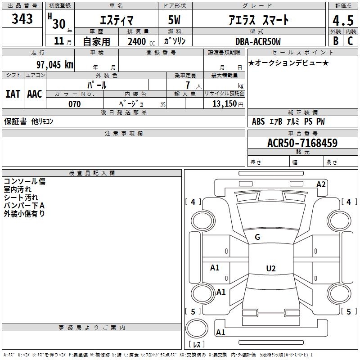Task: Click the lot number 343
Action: tap(22, 18)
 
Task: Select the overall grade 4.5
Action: tap(343, 20)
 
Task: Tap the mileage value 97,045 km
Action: tap(54, 65)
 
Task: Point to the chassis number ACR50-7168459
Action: tap(302, 143)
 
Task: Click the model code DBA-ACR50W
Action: tap(258, 41)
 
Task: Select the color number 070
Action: tap(75, 104)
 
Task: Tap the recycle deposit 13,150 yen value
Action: tap(228, 104)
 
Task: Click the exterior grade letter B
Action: tap(336, 41)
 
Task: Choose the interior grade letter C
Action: tap(350, 41)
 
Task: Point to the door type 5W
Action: tap(174, 20)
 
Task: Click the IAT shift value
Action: tap(13, 94)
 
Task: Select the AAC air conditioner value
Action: tap(35, 94)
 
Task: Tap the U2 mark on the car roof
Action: tap(271, 268)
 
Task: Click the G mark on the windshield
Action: tap(257, 237)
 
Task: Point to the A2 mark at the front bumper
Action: tap(321, 184)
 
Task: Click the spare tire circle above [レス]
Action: tap(197, 328)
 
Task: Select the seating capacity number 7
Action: tap(188, 85)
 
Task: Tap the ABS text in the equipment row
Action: tap(258, 121)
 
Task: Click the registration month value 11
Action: tap(59, 41)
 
